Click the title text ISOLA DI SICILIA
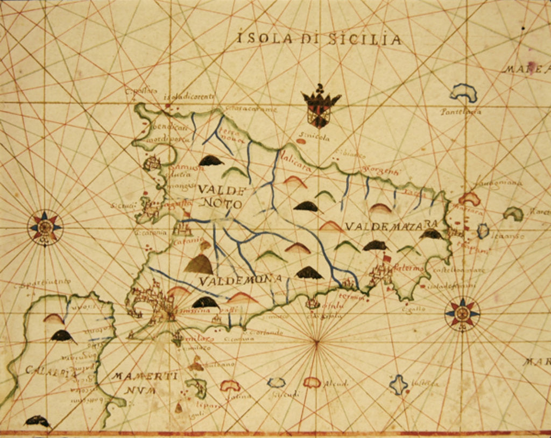point(319,39)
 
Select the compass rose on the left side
point(45,228)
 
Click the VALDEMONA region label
point(240,280)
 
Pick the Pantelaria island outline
point(463,93)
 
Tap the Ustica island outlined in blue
point(399,384)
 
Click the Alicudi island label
point(335,384)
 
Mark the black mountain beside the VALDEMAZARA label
point(431,234)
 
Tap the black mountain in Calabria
point(62,336)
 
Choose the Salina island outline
point(230,385)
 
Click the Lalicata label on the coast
point(295,168)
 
